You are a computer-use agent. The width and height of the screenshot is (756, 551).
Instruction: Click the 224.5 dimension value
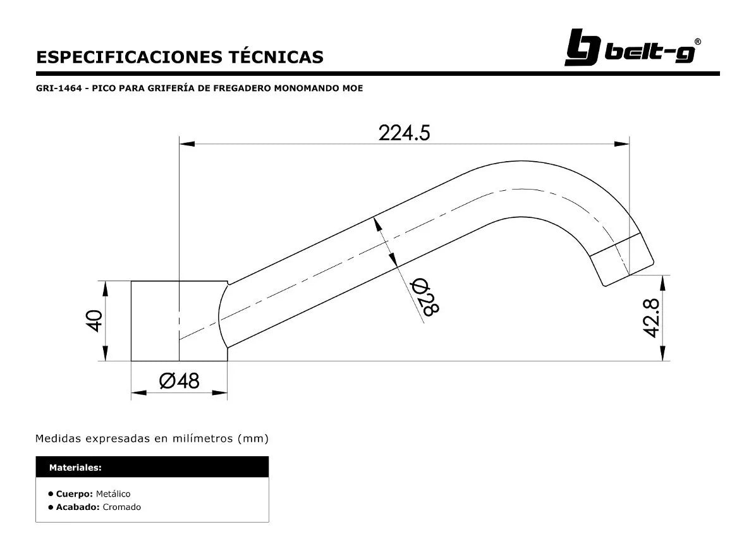404,133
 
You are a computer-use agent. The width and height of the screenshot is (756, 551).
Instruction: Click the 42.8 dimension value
652,318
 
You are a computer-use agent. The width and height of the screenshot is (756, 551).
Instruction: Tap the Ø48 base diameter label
179,381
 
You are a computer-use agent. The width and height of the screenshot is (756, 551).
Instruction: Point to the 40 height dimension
94,321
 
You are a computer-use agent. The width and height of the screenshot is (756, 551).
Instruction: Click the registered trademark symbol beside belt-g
697,42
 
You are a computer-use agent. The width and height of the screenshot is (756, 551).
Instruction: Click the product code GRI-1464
59,88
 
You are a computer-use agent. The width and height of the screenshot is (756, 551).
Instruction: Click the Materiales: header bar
152,468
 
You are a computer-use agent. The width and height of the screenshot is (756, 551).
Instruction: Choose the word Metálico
113,493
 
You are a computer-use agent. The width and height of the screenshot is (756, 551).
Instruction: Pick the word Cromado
121,507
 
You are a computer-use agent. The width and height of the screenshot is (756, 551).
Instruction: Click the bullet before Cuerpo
50,493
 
